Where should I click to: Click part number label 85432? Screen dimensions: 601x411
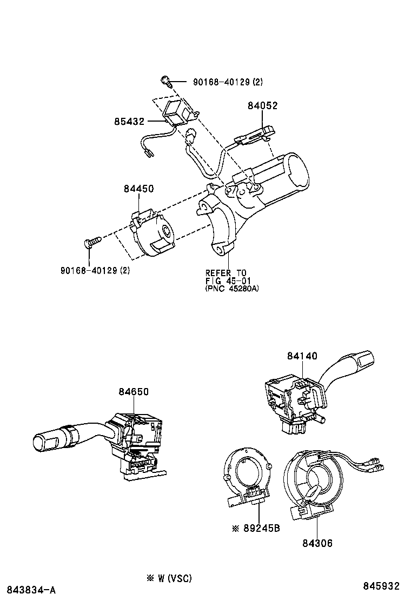click(129, 123)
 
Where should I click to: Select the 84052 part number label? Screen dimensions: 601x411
click(262, 106)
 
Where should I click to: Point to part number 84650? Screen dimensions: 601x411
click(134, 392)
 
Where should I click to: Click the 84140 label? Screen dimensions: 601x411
click(302, 356)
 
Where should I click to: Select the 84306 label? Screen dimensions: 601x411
click(317, 543)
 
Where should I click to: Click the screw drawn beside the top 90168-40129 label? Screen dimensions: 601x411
click(165, 82)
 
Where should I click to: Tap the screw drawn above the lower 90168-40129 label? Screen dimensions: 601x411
click(93, 242)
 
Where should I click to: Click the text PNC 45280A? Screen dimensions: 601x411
click(233, 289)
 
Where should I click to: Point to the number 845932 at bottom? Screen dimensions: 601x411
click(381, 586)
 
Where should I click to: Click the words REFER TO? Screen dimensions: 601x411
click(226, 272)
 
